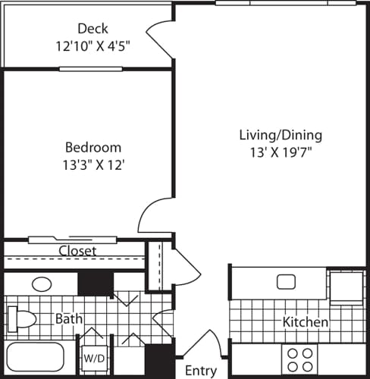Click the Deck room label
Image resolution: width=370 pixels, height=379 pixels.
click(92, 29)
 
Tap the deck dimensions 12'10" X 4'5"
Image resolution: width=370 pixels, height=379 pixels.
click(92, 45)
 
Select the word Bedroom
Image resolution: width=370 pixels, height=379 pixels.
click(92, 147)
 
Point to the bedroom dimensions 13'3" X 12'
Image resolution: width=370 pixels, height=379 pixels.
click(92, 164)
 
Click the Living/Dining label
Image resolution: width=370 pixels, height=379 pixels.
click(281, 136)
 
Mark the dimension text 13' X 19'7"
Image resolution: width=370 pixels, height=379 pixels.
click(281, 152)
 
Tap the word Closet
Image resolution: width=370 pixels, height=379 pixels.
click(77, 251)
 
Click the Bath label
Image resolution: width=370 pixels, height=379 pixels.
click(68, 319)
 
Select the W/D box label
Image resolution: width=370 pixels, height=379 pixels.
click(94, 357)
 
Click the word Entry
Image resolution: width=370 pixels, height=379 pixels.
click(201, 371)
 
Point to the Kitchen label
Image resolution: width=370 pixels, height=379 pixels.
click(306, 322)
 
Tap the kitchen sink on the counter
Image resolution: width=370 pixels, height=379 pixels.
click(286, 282)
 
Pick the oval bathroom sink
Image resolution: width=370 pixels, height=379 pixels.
click(42, 285)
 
